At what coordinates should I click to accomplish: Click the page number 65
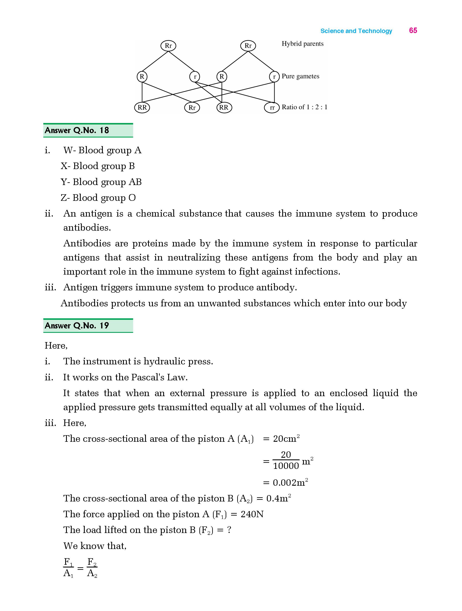413,30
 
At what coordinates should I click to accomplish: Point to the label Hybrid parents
302,44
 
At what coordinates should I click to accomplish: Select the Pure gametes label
300,76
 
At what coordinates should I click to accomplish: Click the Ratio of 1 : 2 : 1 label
304,107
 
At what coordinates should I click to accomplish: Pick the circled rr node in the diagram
272,108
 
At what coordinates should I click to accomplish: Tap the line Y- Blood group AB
101,182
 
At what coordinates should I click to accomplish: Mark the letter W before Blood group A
68,150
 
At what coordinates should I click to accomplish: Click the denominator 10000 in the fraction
286,466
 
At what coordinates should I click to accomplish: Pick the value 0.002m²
290,482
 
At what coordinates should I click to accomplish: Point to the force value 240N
252,514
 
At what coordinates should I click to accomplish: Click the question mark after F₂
229,530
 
